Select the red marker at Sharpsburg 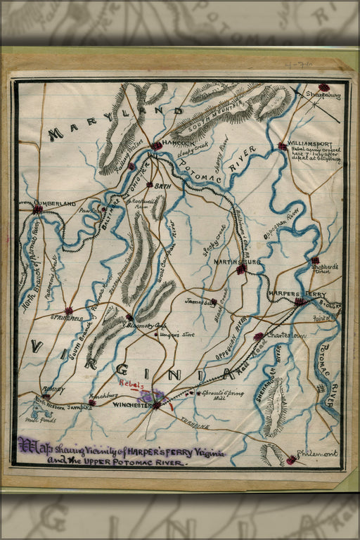pyautogui.click(x=323, y=89)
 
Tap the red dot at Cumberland pyautogui.click(x=37, y=209)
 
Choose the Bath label pyautogui.click(x=163, y=187)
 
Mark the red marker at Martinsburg pyautogui.click(x=241, y=269)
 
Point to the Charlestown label pyautogui.click(x=286, y=335)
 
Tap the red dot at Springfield pyautogui.click(x=68, y=310)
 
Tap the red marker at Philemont pyautogui.click(x=291, y=461)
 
